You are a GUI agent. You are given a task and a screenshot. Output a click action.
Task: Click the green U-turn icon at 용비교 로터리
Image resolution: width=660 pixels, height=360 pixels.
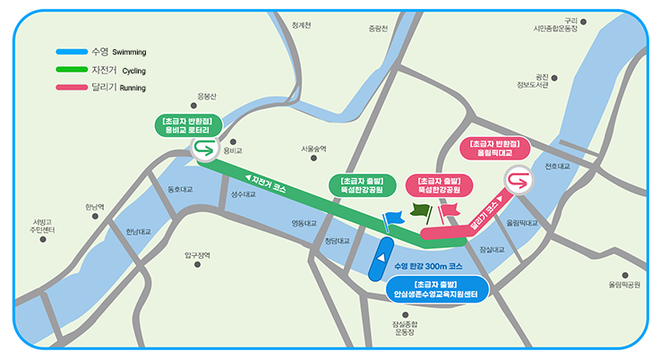204,150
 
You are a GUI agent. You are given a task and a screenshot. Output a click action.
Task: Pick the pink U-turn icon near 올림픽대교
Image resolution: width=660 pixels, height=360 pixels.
517,180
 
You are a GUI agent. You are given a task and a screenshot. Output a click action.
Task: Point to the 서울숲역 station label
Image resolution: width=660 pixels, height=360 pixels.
314,149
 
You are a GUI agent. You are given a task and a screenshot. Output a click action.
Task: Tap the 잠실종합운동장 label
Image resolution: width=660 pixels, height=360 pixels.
404,328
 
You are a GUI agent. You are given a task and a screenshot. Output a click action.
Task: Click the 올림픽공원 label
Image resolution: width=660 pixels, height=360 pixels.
624,285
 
